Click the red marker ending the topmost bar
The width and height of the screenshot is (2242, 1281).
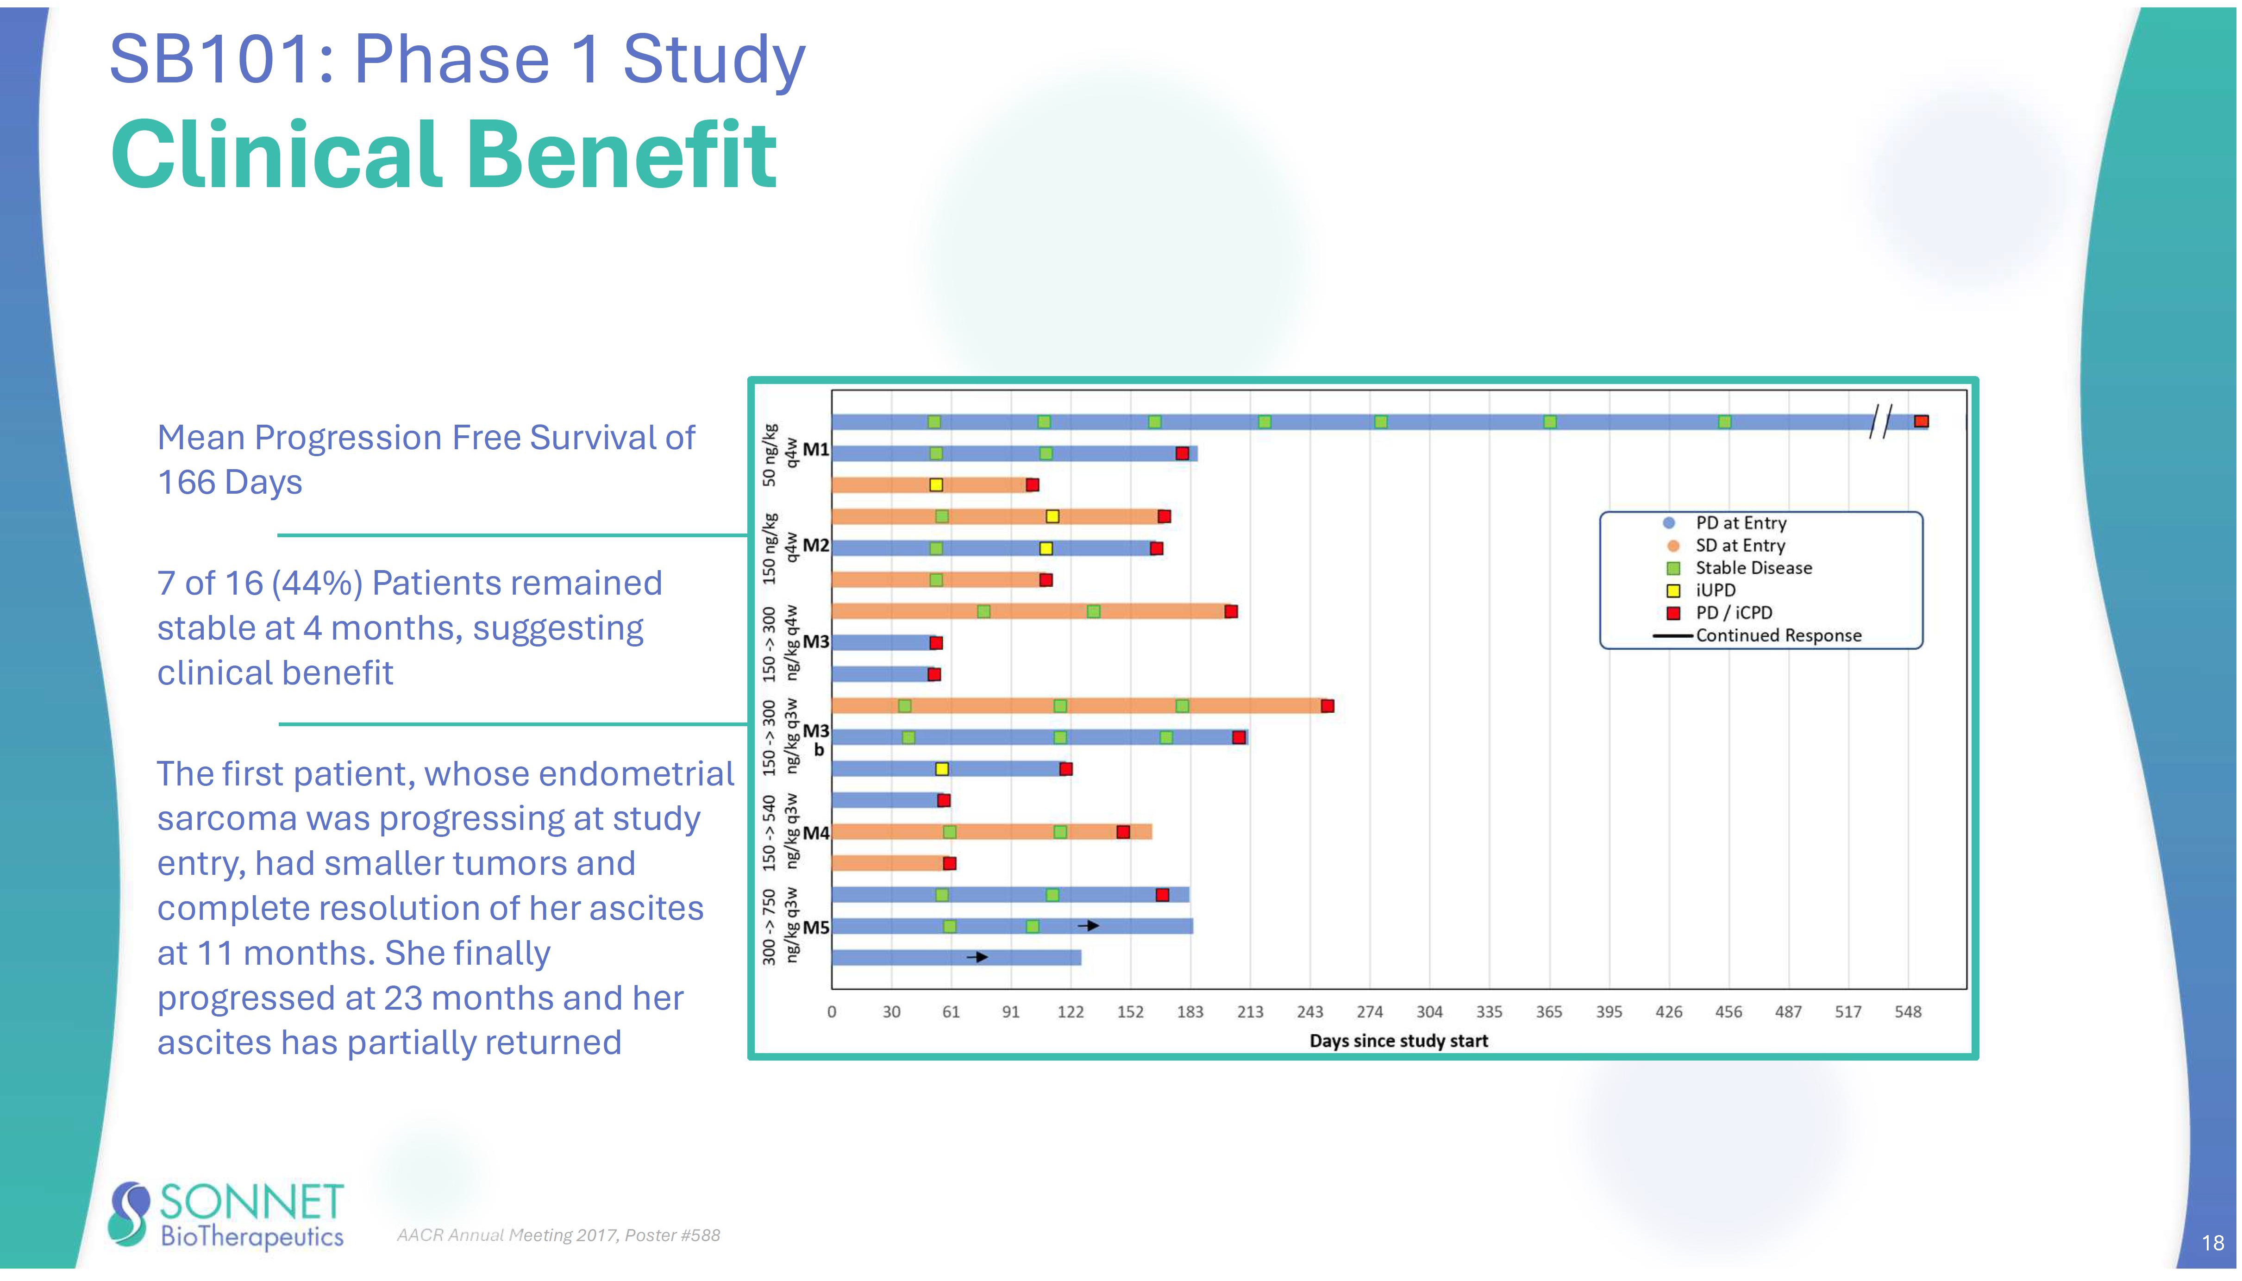(1921, 421)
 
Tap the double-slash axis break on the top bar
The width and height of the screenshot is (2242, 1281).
(1879, 421)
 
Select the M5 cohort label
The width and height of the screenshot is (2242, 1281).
(815, 927)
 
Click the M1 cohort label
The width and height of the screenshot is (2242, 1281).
(815, 450)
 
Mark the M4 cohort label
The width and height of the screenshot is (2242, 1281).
(815, 832)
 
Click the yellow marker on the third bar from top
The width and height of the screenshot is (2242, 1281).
(936, 485)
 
